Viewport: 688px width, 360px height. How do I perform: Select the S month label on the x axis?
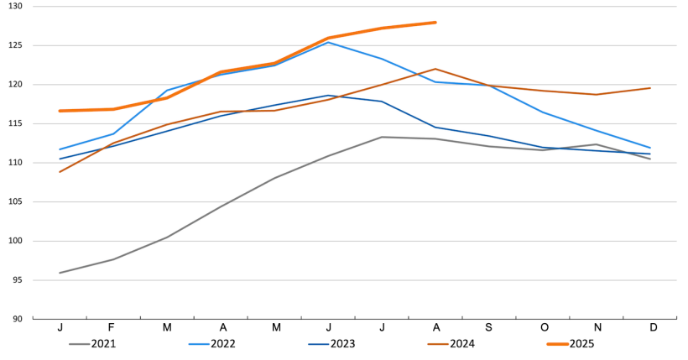click(489, 326)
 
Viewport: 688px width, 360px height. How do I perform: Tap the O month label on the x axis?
click(543, 326)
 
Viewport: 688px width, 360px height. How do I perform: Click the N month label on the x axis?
click(597, 326)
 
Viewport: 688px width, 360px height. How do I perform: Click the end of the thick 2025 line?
click(435, 23)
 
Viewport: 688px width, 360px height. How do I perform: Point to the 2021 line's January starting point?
click(60, 273)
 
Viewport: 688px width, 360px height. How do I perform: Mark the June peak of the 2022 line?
click(328, 42)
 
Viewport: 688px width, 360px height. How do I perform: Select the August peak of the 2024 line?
click(435, 69)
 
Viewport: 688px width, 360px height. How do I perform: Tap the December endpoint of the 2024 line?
click(650, 88)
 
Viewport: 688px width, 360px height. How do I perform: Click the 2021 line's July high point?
click(382, 137)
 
